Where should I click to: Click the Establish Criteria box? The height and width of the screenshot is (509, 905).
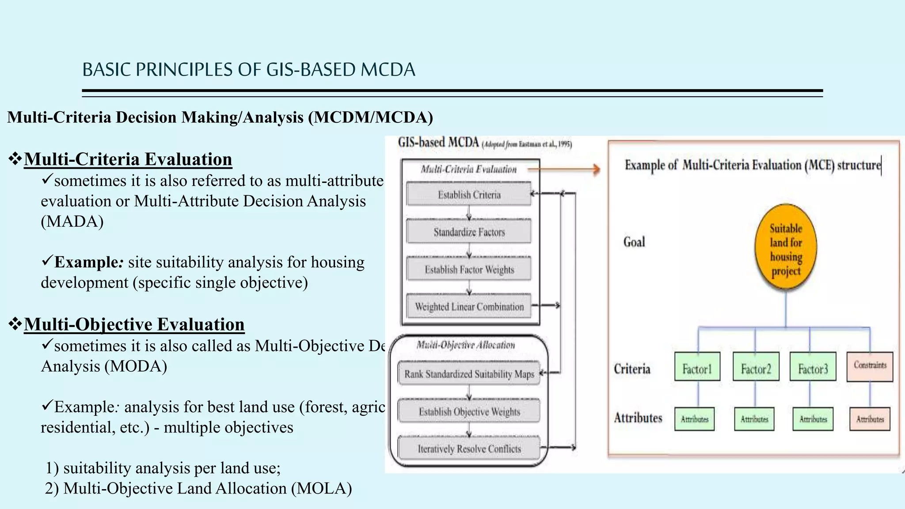469,194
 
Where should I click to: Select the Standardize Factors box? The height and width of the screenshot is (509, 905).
469,232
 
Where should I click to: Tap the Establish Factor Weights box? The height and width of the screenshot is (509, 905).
469,269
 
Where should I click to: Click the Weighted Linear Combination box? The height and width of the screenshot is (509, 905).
469,307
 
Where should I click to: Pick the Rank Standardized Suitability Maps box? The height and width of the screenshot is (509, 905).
469,374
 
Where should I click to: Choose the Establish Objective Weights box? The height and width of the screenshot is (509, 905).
469,411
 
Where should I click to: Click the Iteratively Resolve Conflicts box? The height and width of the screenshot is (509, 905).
469,448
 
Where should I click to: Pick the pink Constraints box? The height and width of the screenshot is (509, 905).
870,366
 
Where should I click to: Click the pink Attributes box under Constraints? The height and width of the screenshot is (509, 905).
870,419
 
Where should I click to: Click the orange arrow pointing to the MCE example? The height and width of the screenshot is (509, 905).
566,169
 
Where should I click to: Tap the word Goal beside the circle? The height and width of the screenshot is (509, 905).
634,242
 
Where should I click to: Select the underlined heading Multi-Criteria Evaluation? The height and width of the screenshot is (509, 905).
128,160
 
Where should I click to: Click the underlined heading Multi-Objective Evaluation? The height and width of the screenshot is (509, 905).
134,324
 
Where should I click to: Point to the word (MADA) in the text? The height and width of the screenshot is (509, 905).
72,221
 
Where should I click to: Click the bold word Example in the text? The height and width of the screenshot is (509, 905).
86,262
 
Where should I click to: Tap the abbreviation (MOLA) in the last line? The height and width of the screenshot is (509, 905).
321,489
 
